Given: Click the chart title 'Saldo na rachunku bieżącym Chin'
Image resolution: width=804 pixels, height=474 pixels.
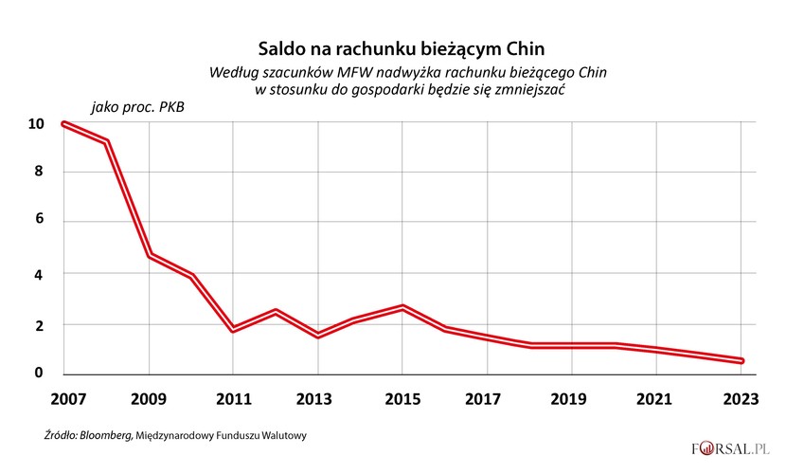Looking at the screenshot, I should point(403,46).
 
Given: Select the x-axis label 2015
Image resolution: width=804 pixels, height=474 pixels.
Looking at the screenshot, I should point(402,400).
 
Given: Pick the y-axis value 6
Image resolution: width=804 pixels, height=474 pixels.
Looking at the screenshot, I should point(39,221).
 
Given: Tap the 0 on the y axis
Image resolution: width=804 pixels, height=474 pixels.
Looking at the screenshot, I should point(39,373).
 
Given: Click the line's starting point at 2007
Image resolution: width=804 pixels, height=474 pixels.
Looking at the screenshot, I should point(63,124).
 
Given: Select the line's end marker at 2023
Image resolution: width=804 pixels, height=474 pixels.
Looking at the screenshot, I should point(741,360).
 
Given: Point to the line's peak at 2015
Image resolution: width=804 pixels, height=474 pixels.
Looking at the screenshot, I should point(402,307).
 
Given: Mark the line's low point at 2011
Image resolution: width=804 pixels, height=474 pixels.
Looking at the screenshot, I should point(233,329).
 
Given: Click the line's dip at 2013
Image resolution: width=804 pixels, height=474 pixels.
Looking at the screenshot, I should point(318,335).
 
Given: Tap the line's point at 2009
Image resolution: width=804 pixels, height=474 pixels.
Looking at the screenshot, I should point(149,256).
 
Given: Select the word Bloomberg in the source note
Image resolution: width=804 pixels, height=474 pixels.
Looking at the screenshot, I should point(106,436).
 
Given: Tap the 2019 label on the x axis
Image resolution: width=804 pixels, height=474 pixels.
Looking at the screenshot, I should point(572,400).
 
